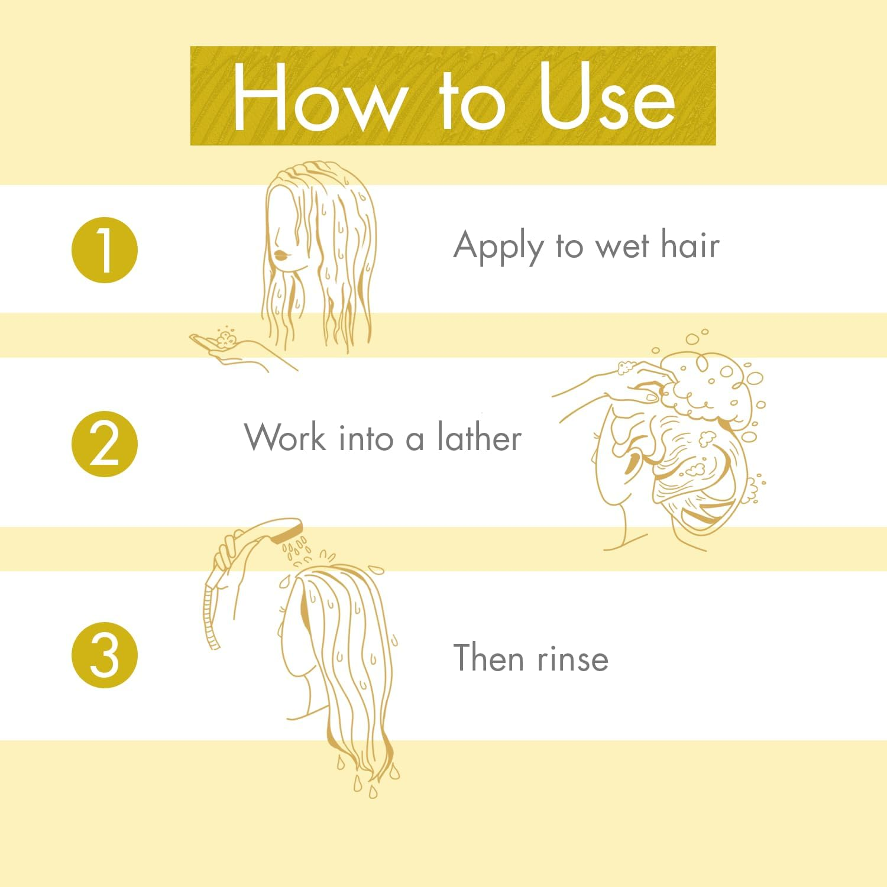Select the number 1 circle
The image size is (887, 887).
pos(105,250)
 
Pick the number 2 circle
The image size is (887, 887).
pos(105,445)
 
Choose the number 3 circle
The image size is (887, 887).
pos(105,655)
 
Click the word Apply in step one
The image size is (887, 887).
pos(498,246)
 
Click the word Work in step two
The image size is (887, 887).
pos(286,438)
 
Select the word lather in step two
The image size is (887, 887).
pos(479,438)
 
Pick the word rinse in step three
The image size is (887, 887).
pos(572,659)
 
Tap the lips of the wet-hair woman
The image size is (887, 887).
pos(280,255)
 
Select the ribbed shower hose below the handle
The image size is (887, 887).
pos(209,615)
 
